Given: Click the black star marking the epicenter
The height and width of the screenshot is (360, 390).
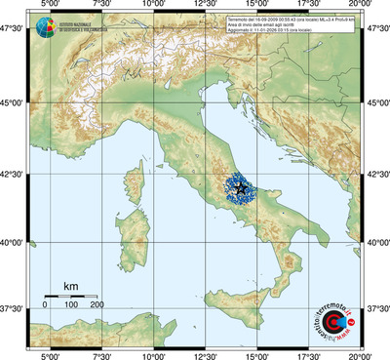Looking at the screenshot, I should [240, 187].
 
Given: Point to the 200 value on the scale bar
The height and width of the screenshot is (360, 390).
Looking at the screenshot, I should [97, 305].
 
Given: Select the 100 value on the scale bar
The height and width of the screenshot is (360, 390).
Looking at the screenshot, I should [71, 305].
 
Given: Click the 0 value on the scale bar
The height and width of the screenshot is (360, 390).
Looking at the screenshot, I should [45, 305].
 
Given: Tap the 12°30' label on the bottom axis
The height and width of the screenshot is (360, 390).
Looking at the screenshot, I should [205, 354].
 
